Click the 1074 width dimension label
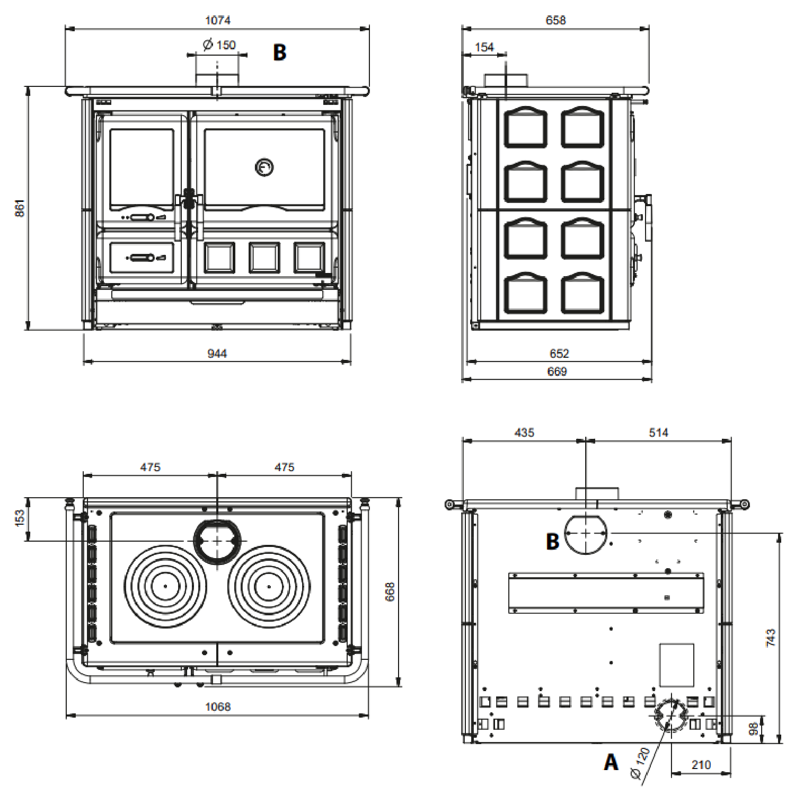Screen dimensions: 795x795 [x=217, y=20]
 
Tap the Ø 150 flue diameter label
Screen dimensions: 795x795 [x=219, y=45]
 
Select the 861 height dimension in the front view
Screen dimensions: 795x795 [x=20, y=208]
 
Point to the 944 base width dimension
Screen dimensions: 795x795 [x=217, y=353]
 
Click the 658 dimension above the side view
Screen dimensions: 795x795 [x=555, y=20]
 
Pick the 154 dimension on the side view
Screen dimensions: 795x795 [x=484, y=47]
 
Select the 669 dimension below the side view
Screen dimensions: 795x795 [x=557, y=372]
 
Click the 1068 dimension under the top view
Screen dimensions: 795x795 [x=217, y=706]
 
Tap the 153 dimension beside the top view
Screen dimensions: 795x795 [x=20, y=518]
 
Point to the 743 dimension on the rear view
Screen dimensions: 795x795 [x=771, y=637]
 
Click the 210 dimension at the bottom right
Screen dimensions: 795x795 [x=701, y=765]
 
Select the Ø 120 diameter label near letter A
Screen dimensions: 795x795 [x=640, y=763]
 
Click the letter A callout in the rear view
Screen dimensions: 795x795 [x=611, y=762]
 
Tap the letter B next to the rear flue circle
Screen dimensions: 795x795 [x=552, y=541]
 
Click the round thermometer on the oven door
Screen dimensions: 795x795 [x=264, y=167]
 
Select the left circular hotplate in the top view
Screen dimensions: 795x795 [x=165, y=586]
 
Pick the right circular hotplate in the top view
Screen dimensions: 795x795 [x=269, y=586]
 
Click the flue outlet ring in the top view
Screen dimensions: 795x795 [x=217, y=541]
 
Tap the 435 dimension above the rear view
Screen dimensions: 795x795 [x=524, y=432]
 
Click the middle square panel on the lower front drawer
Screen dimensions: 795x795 [x=264, y=258]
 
